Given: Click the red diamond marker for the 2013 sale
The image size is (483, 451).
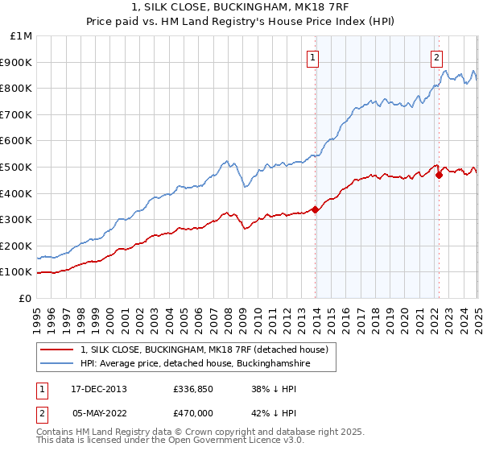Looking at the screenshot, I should click(316, 210).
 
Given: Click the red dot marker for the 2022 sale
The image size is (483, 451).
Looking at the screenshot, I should click(439, 175).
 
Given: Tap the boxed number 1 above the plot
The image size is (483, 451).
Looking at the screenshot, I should click(312, 57).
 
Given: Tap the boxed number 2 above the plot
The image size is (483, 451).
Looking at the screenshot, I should click(436, 57).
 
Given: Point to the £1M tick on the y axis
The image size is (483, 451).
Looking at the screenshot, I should click(22, 36).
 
